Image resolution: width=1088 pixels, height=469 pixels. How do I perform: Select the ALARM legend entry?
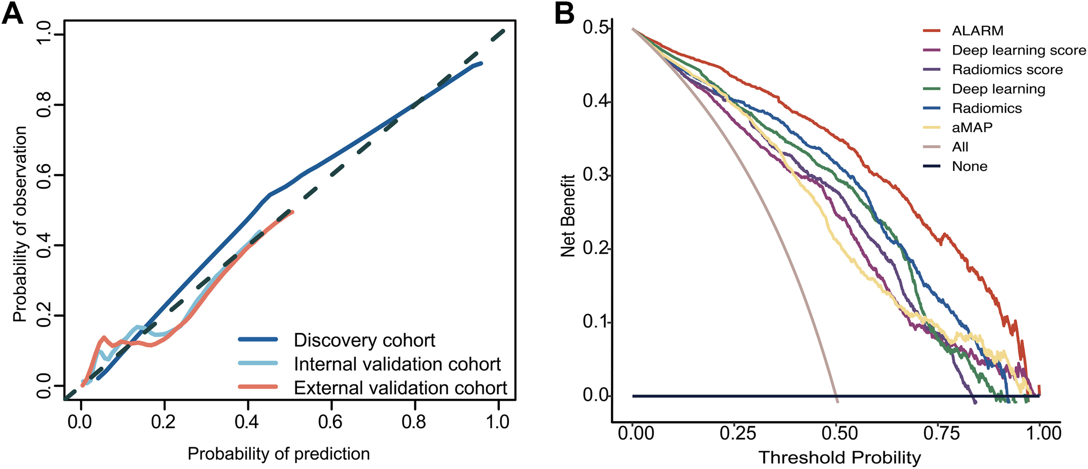(977, 31)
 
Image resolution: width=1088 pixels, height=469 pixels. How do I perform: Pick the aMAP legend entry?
(972, 127)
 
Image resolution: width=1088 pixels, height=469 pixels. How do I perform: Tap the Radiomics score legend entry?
(1007, 70)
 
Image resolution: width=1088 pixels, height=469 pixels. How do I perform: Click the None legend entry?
(969, 167)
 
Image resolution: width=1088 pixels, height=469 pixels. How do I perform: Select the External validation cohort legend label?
(401, 388)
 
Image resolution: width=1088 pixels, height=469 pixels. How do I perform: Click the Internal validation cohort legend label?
(397, 364)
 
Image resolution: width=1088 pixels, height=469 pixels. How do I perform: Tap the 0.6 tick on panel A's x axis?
(330, 422)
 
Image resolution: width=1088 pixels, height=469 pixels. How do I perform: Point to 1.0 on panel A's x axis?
(498, 422)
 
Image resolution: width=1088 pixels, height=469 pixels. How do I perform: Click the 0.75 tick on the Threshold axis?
(941, 433)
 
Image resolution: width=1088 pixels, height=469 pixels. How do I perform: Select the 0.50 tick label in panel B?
(839, 433)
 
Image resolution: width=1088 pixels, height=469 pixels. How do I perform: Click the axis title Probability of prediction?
(279, 454)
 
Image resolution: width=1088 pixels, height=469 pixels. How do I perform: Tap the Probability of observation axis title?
(19, 224)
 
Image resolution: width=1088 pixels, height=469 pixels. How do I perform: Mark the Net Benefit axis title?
(568, 215)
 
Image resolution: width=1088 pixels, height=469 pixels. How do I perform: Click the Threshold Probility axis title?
(840, 458)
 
